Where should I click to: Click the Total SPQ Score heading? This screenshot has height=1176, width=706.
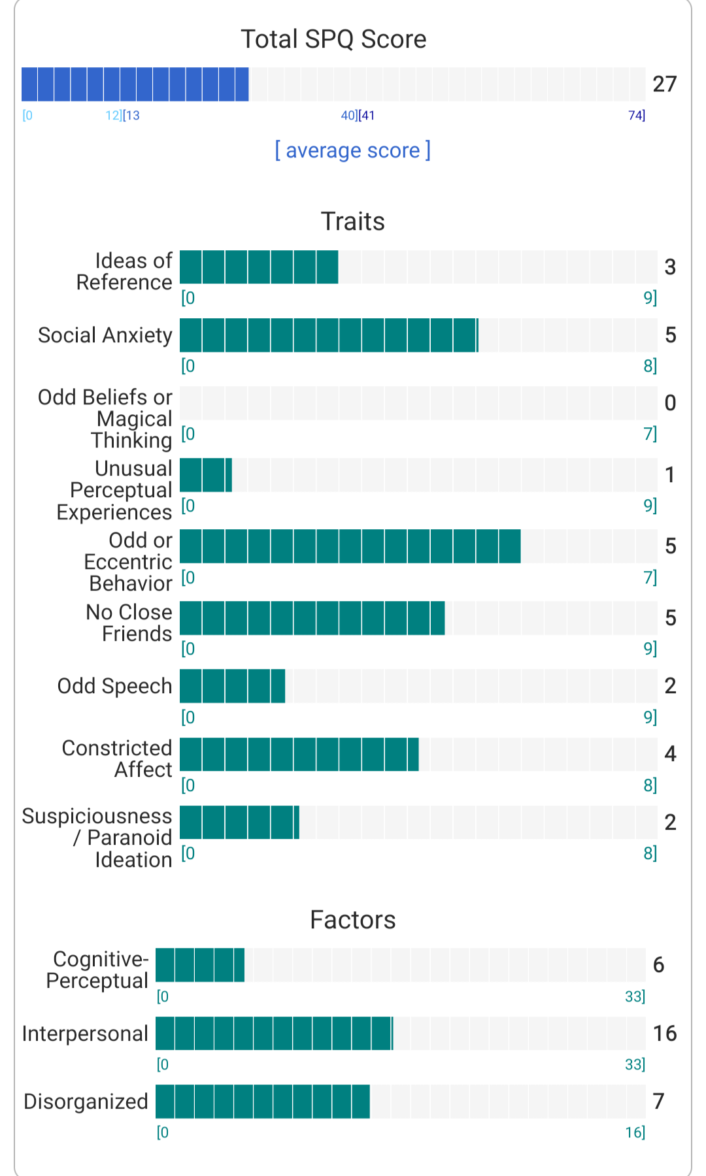click(x=333, y=39)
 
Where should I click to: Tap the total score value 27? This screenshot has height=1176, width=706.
click(x=664, y=84)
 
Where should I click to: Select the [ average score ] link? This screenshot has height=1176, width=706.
click(x=352, y=150)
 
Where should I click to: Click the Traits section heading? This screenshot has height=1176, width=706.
click(x=352, y=221)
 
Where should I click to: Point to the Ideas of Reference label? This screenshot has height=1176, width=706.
click(x=124, y=271)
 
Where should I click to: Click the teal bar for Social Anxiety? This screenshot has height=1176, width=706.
click(x=329, y=335)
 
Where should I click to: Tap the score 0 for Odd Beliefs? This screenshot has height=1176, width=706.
click(x=670, y=403)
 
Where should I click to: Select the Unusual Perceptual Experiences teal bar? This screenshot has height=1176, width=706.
click(x=206, y=475)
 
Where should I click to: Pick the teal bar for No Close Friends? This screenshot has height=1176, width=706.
click(x=312, y=618)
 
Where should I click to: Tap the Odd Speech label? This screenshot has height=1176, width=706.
click(x=114, y=686)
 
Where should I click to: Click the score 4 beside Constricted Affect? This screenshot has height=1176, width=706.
click(x=670, y=754)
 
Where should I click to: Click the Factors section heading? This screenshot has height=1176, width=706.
click(x=352, y=920)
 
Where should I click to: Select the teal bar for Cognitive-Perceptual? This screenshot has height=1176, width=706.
click(x=200, y=965)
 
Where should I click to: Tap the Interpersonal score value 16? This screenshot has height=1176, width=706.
click(x=664, y=1033)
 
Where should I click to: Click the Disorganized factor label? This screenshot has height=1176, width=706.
click(x=86, y=1102)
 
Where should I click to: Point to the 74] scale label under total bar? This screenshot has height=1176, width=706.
click(x=636, y=116)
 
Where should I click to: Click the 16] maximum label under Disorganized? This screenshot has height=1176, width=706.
click(x=635, y=1132)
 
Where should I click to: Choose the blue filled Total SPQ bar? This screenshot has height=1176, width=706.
click(x=135, y=84)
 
